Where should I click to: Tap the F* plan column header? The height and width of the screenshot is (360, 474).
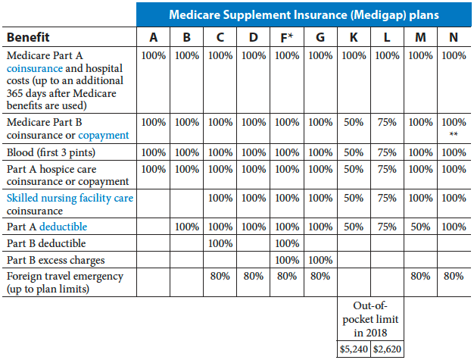[286, 37]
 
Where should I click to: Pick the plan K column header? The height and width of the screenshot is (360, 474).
[354, 37]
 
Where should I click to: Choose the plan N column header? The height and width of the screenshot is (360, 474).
[453, 37]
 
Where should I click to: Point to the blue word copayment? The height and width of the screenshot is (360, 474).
[103, 135]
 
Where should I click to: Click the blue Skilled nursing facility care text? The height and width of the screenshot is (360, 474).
[70, 198]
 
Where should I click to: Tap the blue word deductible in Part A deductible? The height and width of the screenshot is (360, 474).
[64, 227]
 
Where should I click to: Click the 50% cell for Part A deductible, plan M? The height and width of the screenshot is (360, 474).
[420, 227]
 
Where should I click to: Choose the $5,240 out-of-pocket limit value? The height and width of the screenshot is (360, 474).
[354, 351]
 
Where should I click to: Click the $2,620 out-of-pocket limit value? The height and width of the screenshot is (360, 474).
[387, 351]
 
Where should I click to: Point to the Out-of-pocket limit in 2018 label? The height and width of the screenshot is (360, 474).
[371, 319]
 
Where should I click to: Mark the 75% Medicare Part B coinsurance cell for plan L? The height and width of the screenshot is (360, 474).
[387, 122]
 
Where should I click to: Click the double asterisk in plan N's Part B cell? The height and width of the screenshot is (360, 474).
[453, 135]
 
